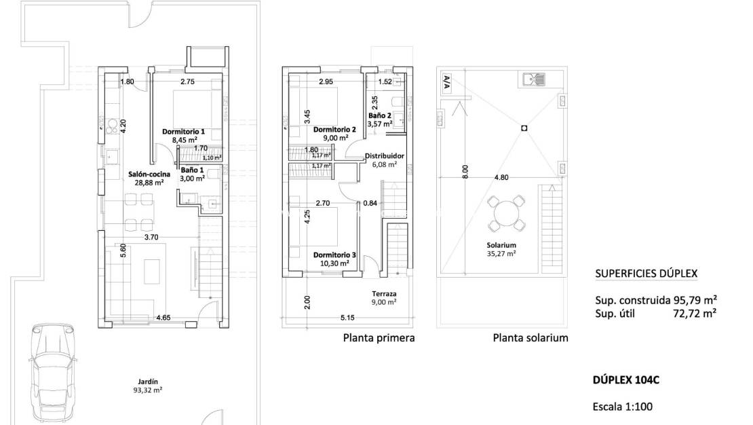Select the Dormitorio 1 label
(183, 131)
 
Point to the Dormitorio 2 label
(334, 129)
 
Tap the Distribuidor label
(385, 155)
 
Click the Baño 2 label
(380, 115)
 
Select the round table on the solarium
(505, 214)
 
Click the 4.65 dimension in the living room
(163, 316)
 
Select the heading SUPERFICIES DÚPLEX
(645, 274)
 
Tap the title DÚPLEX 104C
(625, 380)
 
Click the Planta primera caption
(379, 337)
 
